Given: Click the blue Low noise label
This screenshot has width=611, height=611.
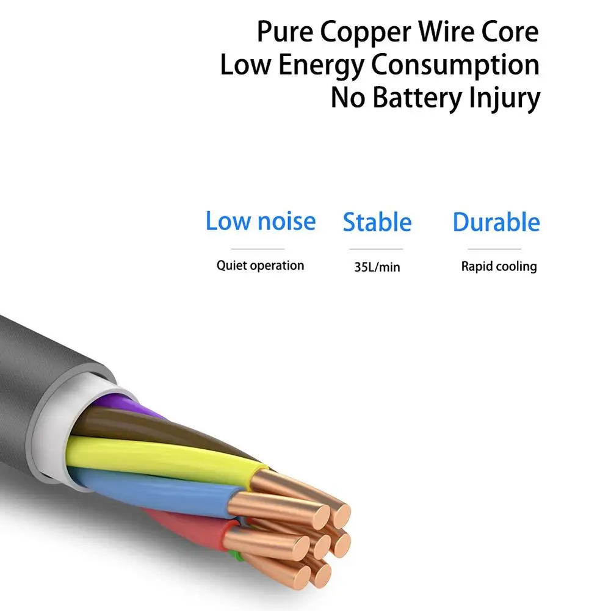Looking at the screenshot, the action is [261, 222].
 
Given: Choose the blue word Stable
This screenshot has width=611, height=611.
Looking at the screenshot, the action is [377, 223].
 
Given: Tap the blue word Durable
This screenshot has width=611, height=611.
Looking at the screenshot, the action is [496, 223].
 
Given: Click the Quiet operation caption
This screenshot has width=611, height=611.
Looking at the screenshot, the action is [260, 266].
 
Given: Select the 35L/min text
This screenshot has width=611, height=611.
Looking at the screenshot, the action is [377, 267].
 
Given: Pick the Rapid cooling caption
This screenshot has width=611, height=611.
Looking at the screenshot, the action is [499, 267].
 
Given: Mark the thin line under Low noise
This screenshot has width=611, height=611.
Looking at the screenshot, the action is [258, 249].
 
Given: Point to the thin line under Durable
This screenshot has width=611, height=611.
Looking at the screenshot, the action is [494, 249].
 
